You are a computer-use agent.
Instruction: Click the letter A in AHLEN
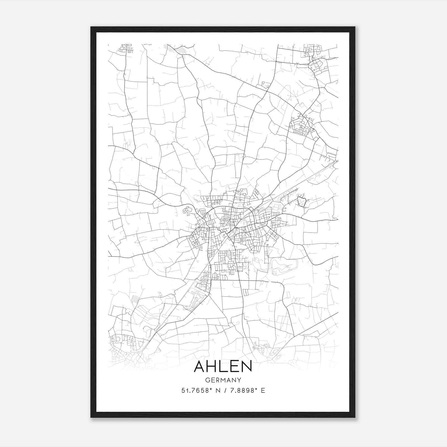coord(200,366)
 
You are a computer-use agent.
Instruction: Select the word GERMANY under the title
coord(223,380)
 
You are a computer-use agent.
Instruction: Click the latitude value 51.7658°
coord(195,391)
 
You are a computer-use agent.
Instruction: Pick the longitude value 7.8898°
coord(242,391)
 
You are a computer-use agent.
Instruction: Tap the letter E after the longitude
coord(263,391)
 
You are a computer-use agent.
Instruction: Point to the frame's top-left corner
coord(91,27)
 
